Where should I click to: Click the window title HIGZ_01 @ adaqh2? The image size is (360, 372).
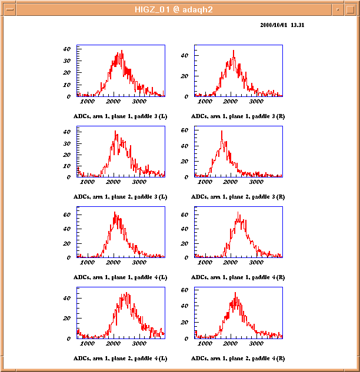[174, 9]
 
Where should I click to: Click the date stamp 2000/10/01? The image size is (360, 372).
[274, 25]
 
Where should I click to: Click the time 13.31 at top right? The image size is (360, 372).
[298, 25]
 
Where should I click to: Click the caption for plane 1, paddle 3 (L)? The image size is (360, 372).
[120, 116]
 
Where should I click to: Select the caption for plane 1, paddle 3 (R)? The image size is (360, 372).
[238, 116]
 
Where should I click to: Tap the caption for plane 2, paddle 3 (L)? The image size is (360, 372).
[120, 197]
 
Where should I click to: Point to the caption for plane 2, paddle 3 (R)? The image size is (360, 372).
[238, 197]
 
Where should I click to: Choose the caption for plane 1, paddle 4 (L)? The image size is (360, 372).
[120, 277]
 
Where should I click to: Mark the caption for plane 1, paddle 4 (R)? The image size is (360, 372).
[238, 277]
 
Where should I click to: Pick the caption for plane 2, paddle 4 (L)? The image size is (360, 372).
[120, 358]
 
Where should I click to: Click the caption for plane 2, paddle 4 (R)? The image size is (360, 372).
[238, 358]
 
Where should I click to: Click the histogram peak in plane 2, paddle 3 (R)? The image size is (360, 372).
[222, 131]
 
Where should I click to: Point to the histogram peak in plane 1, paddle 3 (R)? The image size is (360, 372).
[234, 51]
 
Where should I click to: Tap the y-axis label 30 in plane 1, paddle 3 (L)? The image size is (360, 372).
[67, 61]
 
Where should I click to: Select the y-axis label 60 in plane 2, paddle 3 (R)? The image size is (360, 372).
[185, 130]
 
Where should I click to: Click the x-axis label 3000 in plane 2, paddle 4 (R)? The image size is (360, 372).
[256, 343]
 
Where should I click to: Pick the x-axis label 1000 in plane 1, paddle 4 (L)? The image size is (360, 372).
[87, 262]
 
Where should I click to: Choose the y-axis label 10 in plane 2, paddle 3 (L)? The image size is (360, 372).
[67, 166]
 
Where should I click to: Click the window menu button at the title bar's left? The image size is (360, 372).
[10, 10]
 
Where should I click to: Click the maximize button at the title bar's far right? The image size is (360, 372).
[351, 10]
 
